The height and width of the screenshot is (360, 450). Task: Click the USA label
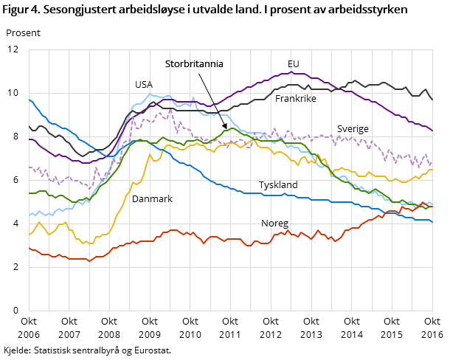[143, 85]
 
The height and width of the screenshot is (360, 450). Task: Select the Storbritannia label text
[194, 64]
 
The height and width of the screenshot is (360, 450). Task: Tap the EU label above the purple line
[294, 64]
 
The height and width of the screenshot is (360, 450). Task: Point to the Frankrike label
[297, 98]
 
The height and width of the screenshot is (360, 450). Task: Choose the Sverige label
[353, 129]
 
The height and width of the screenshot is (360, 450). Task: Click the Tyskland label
[278, 184]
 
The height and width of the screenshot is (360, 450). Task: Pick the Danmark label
[152, 199]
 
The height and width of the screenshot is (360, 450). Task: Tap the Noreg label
[274, 224]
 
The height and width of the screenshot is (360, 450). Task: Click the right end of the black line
[432, 99]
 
